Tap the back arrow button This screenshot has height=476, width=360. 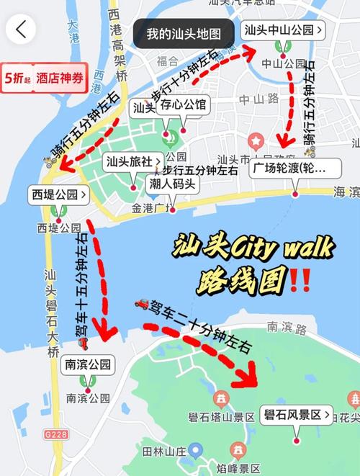21,30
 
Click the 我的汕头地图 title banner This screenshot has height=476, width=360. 184,34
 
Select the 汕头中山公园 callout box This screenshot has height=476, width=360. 284,30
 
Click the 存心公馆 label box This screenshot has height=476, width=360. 183,106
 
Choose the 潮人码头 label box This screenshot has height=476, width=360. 171,184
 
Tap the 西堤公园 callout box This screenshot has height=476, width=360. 59,194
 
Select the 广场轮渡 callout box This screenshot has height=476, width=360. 294,169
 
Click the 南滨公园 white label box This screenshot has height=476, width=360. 89,364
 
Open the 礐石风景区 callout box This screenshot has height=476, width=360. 297,415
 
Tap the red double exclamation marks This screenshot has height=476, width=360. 300,279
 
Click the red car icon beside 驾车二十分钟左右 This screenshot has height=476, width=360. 142,303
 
